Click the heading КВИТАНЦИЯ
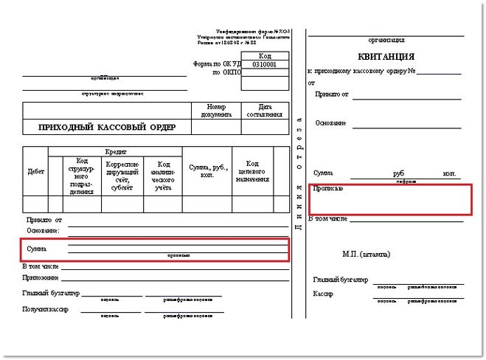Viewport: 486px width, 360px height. tap(386, 57)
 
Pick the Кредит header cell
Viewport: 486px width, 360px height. tap(116, 150)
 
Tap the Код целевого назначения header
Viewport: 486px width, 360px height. tap(251, 171)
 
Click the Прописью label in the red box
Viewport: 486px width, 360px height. tap(327, 189)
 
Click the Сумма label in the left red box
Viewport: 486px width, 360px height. tap(36, 249)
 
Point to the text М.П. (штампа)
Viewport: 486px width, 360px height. tap(367, 254)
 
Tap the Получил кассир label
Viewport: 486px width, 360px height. tap(45, 308)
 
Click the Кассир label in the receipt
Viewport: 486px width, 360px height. tap(323, 294)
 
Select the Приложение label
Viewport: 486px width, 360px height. tap(41, 278)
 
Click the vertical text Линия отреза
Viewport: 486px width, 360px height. tap(298, 173)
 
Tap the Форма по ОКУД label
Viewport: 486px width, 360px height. tap(216, 65)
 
